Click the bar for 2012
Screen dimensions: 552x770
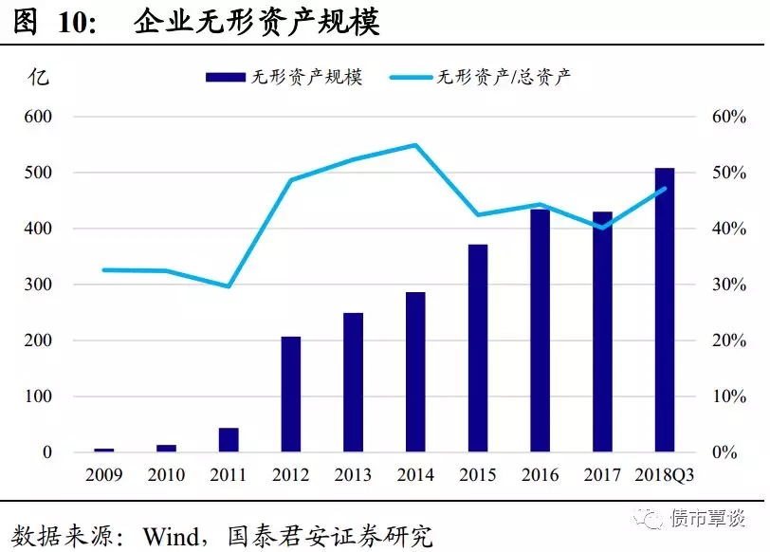pos(291,395)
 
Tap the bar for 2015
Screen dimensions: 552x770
pos(478,348)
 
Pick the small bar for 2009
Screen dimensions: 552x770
pos(104,450)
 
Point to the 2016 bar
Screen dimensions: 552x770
pos(540,330)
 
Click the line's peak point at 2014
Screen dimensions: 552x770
pos(415,145)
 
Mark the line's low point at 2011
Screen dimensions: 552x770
pos(229,286)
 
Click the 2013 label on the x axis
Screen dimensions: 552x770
pos(353,474)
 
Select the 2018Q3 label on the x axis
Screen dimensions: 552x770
pos(664,474)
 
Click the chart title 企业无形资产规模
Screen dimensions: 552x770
pos(256,22)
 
